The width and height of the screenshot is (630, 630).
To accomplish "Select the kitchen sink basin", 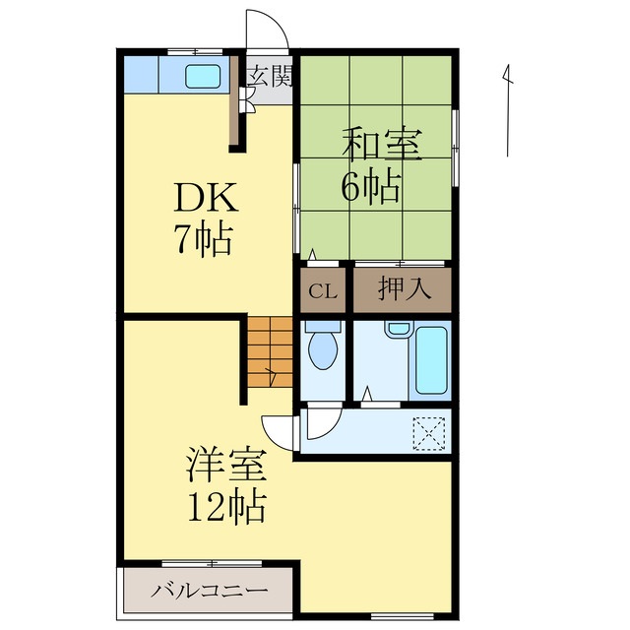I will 204,74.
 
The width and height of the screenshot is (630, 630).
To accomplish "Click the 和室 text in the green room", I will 381,145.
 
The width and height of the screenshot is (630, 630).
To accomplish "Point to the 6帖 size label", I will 371,185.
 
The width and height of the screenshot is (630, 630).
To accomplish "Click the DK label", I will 206,200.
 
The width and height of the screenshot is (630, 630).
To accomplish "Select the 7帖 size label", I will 204,239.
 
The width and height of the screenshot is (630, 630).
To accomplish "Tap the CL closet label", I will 321,290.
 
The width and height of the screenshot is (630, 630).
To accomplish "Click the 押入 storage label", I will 402,290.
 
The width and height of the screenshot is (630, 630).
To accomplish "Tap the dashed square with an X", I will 429,431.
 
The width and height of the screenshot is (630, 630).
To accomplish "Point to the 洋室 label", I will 226,464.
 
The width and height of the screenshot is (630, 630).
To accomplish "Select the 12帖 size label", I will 226,505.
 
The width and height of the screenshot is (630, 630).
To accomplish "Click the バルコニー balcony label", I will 209,592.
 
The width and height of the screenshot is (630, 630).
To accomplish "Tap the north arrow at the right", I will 507,108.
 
